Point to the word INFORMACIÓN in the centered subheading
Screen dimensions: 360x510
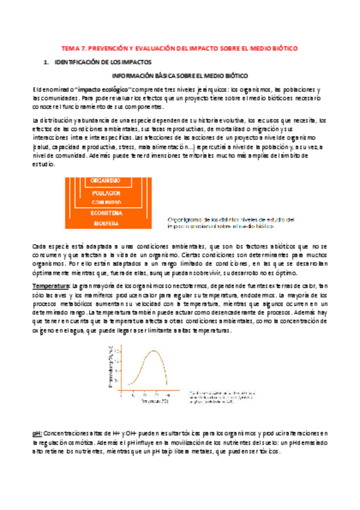point(132,76)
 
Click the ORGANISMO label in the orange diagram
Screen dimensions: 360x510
point(106,180)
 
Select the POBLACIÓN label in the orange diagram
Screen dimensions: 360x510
point(107,192)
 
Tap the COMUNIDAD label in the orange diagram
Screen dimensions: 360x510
point(107,203)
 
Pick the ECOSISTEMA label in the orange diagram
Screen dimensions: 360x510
point(106,212)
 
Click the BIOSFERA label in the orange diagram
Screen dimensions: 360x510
point(106,223)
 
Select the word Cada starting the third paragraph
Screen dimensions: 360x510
point(40,247)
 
